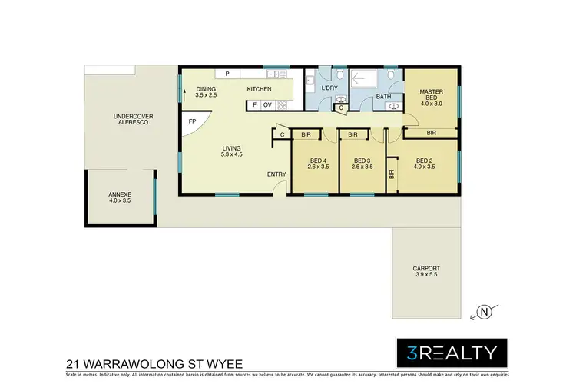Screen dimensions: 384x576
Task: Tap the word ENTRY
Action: [x=276, y=174]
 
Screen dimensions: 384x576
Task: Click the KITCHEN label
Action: [x=259, y=90]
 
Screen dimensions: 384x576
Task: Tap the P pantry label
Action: [x=227, y=74]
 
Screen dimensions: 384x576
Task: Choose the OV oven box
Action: [x=267, y=104]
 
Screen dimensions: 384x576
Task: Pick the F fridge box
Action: [x=253, y=104]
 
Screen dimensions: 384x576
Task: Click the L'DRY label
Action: [x=329, y=89]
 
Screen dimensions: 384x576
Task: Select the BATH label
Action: [x=383, y=96]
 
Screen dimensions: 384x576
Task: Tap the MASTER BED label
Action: [x=431, y=95]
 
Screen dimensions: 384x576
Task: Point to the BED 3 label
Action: [x=362, y=162]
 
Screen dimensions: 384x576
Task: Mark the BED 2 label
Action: [x=424, y=162]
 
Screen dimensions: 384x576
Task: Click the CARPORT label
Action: [x=425, y=270]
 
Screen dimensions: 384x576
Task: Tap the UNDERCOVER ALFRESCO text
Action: [x=133, y=119]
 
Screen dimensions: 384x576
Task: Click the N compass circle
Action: [x=484, y=311]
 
